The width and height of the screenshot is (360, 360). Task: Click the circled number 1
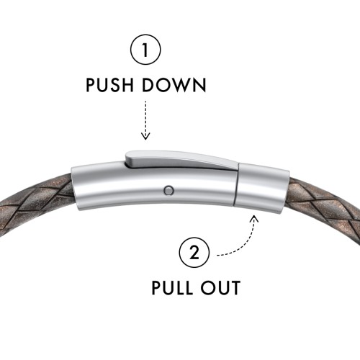point(145,50)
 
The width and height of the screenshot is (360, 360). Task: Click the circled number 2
point(194,252)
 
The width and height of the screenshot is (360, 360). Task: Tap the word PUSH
point(109,85)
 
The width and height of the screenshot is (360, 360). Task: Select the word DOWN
point(174,85)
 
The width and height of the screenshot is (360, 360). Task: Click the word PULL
point(172,287)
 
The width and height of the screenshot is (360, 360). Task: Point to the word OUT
point(220,287)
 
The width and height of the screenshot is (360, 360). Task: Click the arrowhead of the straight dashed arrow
point(145,136)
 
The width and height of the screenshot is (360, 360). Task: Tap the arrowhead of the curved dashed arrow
point(254,219)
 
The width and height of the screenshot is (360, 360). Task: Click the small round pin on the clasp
point(169,190)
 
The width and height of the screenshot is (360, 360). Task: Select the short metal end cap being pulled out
point(261,188)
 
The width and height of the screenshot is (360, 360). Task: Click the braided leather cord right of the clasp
point(324,207)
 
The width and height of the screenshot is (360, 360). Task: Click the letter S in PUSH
point(111,85)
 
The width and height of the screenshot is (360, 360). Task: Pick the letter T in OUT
point(235,287)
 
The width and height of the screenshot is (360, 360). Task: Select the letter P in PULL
point(156,287)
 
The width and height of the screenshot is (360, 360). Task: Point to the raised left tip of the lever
point(127,159)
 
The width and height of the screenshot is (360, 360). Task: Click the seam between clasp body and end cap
point(236,186)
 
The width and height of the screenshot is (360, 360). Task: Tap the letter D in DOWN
point(148,85)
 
